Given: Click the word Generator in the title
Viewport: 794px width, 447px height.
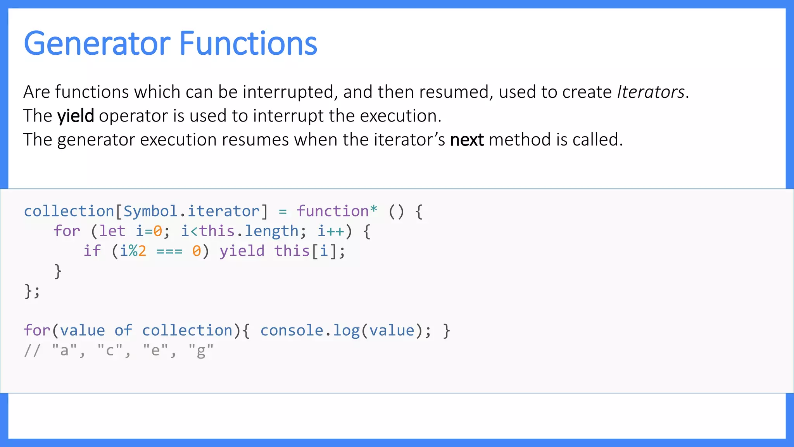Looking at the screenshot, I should click(x=97, y=43).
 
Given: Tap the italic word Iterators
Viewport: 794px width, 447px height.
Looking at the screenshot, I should click(x=651, y=92).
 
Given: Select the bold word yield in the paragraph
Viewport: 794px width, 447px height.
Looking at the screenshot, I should click(x=76, y=116).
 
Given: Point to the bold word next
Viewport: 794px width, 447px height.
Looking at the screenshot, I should click(x=467, y=140).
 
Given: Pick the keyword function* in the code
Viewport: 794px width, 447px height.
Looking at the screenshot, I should click(x=337, y=211).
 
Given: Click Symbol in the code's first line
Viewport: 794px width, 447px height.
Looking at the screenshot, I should click(x=150, y=211).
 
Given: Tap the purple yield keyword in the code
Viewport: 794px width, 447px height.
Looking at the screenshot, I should click(x=242, y=251).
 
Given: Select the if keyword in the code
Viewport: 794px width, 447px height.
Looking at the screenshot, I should click(x=92, y=251).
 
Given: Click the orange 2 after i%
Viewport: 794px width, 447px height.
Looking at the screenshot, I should click(x=142, y=251).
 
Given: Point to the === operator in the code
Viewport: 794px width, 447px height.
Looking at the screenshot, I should click(x=169, y=251).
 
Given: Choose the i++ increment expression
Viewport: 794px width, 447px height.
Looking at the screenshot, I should click(x=331, y=231).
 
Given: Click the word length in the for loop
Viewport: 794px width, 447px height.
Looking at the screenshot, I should click(x=271, y=231).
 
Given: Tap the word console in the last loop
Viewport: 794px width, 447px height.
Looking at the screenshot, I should click(x=292, y=331).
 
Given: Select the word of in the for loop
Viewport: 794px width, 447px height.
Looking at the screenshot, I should click(x=123, y=331).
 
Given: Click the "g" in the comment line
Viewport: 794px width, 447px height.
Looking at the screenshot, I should click(x=201, y=351).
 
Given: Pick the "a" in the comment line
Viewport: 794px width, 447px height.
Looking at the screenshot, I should click(x=64, y=351).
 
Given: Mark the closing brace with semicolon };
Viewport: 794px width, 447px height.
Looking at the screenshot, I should click(x=32, y=291).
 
